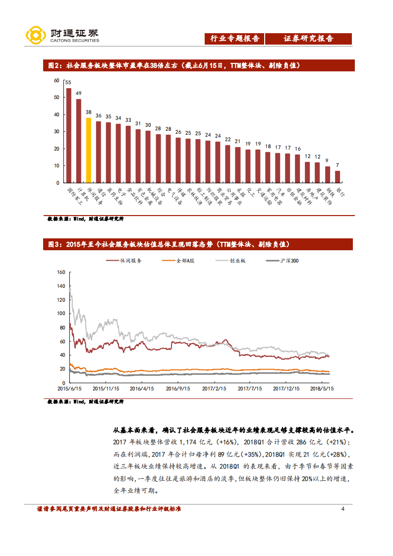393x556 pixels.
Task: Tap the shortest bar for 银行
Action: [337, 177]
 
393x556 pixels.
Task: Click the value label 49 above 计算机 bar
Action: [79, 93]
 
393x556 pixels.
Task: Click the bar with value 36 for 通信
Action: [99, 152]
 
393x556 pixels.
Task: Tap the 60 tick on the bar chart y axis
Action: [56, 80]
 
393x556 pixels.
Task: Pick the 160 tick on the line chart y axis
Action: [61, 272]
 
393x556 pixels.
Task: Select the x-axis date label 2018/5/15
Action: [320, 389]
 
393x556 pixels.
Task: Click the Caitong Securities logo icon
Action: [36, 35]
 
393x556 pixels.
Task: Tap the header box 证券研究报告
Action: [308, 39]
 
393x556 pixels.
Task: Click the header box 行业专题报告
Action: [234, 39]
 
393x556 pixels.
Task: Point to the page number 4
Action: [342, 509]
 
